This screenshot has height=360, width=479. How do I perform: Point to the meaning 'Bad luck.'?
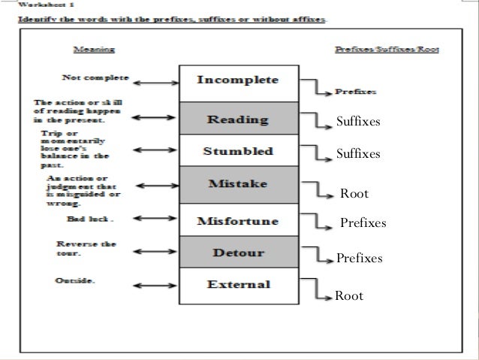tap(89, 220)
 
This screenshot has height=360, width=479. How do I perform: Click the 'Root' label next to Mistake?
tap(354, 194)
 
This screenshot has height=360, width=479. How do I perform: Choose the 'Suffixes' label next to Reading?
tap(358, 120)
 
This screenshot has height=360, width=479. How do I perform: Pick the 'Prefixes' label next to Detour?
tap(360, 259)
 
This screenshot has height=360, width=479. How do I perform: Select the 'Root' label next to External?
tap(348, 296)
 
